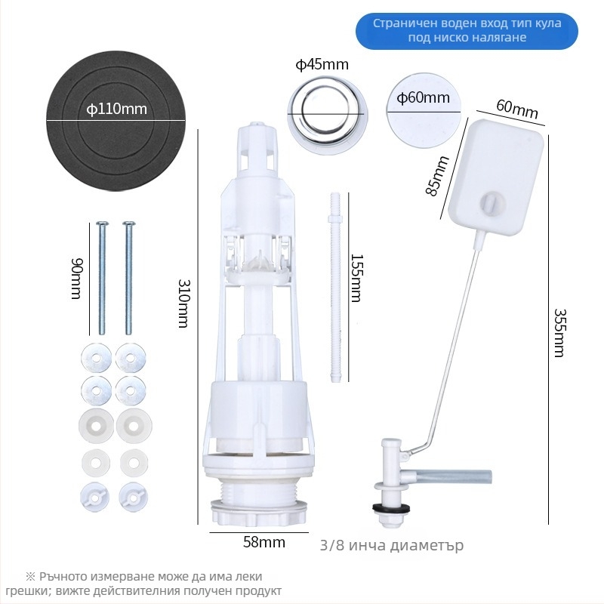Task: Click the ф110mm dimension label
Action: [x=117, y=109]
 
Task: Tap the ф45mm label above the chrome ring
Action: [x=322, y=64]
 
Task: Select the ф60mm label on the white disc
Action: [x=423, y=97]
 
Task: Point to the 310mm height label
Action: [x=183, y=304]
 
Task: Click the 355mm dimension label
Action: [x=559, y=333]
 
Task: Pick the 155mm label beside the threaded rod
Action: [x=356, y=278]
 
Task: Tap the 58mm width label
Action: [x=264, y=542]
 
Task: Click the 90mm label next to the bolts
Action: [x=77, y=278]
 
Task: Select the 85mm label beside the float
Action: [x=438, y=176]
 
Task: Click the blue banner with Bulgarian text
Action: [x=467, y=31]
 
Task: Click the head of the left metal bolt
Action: [x=102, y=223]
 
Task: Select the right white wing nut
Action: [x=134, y=498]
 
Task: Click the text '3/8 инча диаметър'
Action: [x=392, y=545]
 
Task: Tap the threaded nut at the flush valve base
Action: [x=259, y=513]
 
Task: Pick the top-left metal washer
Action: [x=97, y=358]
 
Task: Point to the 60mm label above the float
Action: [x=517, y=109]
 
